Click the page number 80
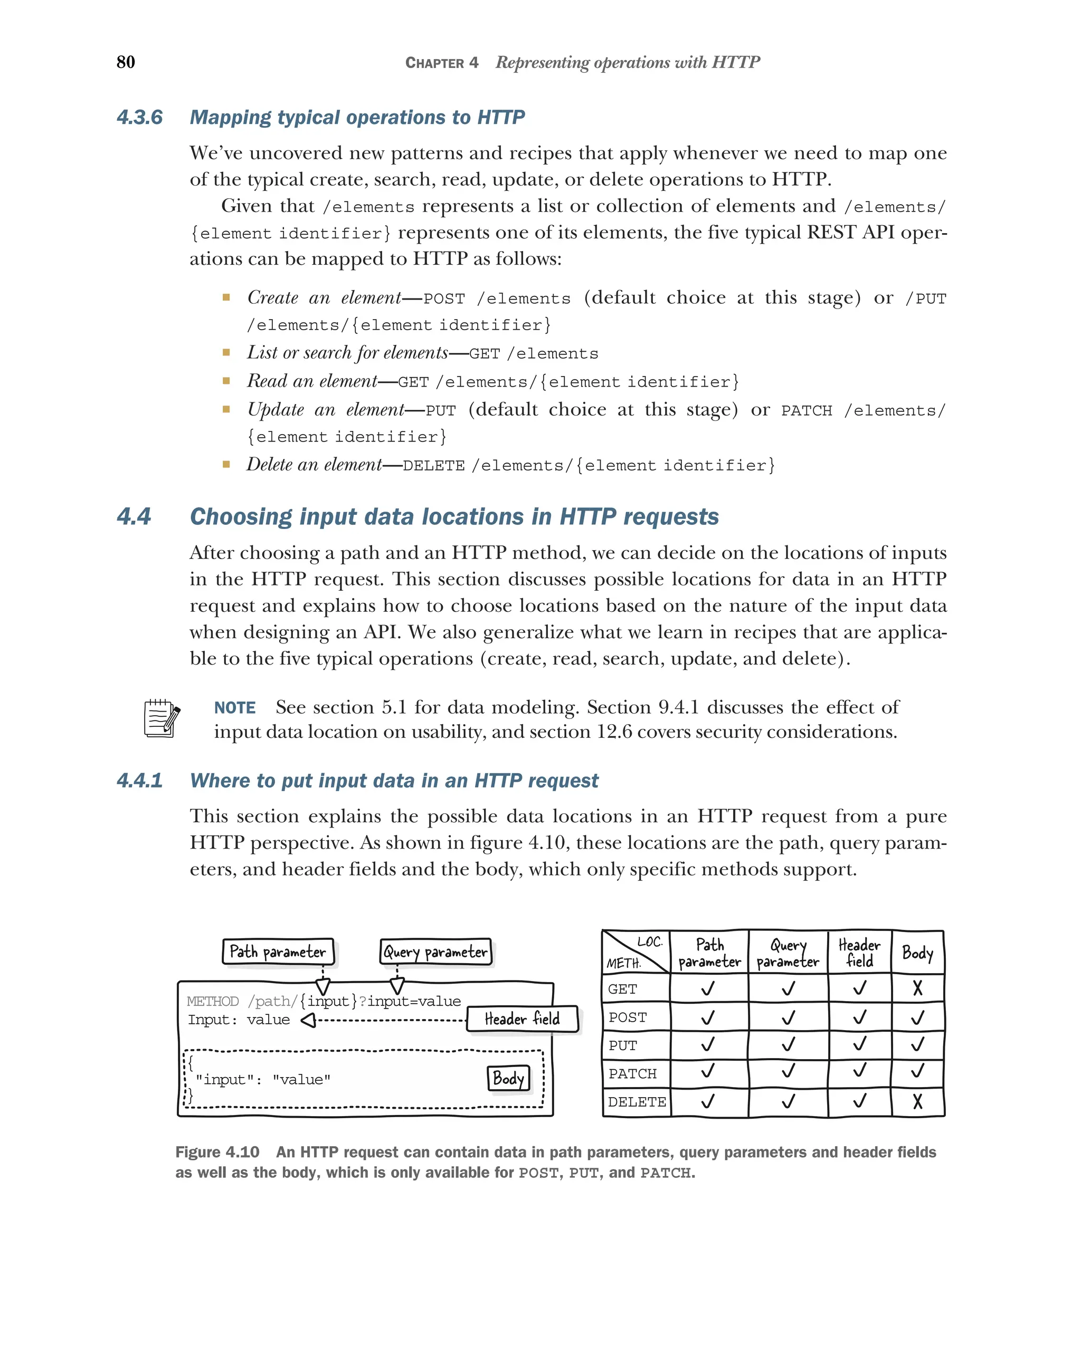(126, 62)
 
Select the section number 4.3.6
(139, 118)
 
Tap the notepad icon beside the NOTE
(161, 718)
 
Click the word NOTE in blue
(234, 708)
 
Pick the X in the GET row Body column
(917, 988)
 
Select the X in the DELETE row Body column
(917, 1101)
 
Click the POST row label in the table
(627, 1017)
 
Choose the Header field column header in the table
(859, 953)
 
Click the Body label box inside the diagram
(508, 1079)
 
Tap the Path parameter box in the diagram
(278, 952)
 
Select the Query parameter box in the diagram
(435, 952)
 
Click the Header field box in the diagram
(522, 1019)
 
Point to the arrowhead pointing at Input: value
(308, 1020)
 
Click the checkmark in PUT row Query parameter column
(788, 1044)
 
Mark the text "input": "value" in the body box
(263, 1080)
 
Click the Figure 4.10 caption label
(217, 1152)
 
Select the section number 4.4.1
(139, 781)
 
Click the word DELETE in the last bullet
(433, 466)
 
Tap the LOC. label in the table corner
(650, 942)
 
